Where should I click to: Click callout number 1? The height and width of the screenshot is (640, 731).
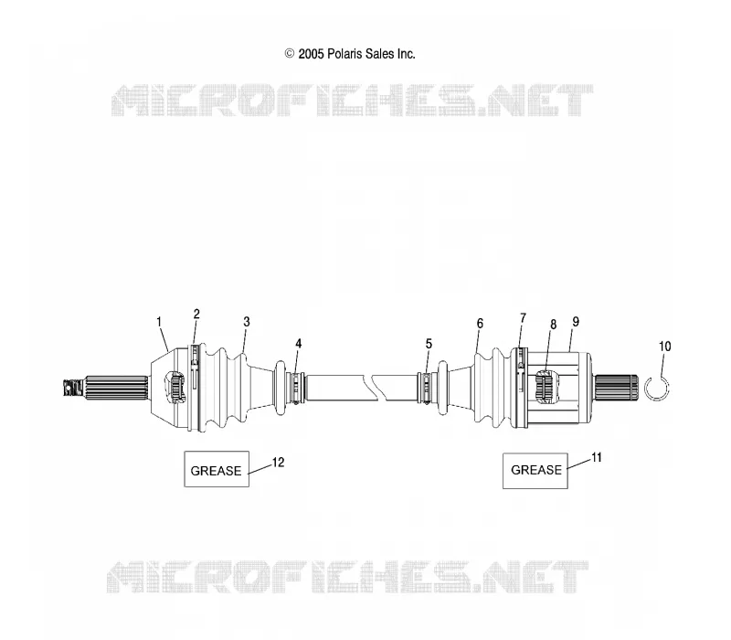pyautogui.click(x=159, y=322)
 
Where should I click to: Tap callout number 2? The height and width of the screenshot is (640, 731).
pyautogui.click(x=196, y=314)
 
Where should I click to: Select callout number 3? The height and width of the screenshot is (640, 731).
pyautogui.click(x=247, y=322)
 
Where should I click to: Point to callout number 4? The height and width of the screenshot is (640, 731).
pyautogui.click(x=299, y=344)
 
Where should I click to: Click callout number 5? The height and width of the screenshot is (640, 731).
pyautogui.click(x=429, y=344)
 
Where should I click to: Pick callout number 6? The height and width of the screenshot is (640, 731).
pyautogui.click(x=480, y=324)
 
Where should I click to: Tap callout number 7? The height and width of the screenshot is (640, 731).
pyautogui.click(x=523, y=318)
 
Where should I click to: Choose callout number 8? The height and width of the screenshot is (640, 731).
pyautogui.click(x=554, y=325)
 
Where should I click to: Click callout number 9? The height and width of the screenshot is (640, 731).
pyautogui.click(x=576, y=322)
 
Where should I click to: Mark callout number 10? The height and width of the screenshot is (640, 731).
pyautogui.click(x=665, y=347)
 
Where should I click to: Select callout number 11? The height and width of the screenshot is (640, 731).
pyautogui.click(x=597, y=458)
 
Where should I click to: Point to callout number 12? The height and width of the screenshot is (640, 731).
pyautogui.click(x=278, y=463)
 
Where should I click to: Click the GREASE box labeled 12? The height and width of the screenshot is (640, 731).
pyautogui.click(x=217, y=469)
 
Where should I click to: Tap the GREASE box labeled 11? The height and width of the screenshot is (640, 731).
pyautogui.click(x=535, y=471)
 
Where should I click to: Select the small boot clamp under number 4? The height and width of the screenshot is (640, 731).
pyautogui.click(x=297, y=388)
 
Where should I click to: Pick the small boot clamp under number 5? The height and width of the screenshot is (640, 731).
pyautogui.click(x=426, y=388)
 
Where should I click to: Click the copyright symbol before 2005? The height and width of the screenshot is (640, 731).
pyautogui.click(x=290, y=54)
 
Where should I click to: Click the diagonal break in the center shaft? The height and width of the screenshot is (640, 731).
pyautogui.click(x=378, y=387)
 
